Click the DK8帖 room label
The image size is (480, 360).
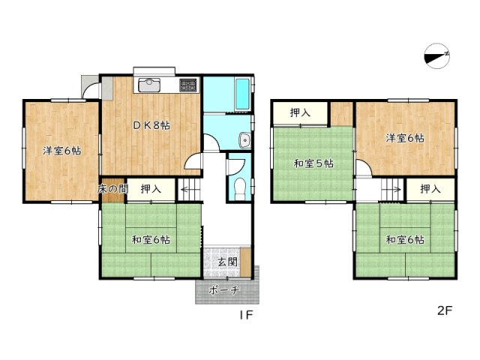(x=151, y=126)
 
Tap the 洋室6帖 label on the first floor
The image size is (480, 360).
(x=61, y=150)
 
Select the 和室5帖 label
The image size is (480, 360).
(x=313, y=163)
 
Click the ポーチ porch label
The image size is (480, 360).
(x=224, y=290)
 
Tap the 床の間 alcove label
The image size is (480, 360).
(x=110, y=190)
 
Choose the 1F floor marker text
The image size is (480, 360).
(x=244, y=316)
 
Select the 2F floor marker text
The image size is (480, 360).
(x=445, y=310)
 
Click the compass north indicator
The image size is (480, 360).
(x=436, y=56)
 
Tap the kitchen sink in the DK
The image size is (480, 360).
(x=148, y=84)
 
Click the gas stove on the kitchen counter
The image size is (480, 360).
(x=187, y=84)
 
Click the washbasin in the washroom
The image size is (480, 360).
(x=244, y=139)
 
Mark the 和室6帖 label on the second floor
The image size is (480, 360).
(x=405, y=240)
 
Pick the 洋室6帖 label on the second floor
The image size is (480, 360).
(x=405, y=138)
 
